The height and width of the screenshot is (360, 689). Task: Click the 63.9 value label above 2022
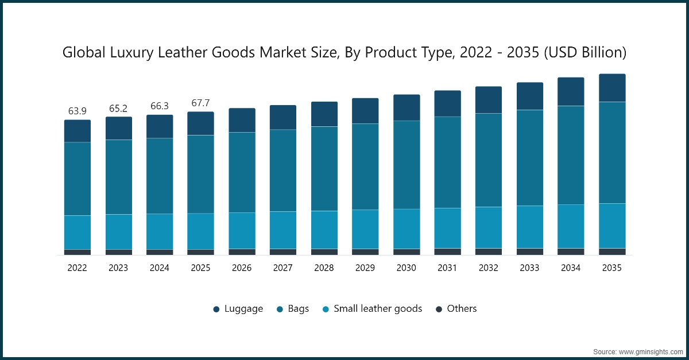coord(77,111)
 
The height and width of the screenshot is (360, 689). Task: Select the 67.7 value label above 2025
coord(200,103)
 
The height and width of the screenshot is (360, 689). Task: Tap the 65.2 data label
coord(118,108)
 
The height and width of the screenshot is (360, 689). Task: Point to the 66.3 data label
coord(160,106)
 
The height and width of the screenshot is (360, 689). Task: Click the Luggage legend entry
coord(238,309)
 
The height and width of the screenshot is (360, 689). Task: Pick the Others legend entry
coord(456,309)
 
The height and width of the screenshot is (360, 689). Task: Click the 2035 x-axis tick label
coord(612,268)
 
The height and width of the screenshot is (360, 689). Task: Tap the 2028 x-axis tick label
coord(324,268)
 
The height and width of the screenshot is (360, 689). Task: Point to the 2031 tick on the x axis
coord(447,268)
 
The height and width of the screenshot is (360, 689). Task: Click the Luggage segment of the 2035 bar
coord(612,88)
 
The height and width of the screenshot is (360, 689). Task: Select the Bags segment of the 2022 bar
coord(77,179)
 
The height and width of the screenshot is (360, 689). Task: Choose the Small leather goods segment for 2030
coord(407,229)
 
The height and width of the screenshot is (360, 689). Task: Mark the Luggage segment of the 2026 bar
coord(242,120)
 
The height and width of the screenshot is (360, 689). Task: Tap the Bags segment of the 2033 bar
coord(530,157)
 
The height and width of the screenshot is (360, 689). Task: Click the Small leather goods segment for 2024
coord(160,231)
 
